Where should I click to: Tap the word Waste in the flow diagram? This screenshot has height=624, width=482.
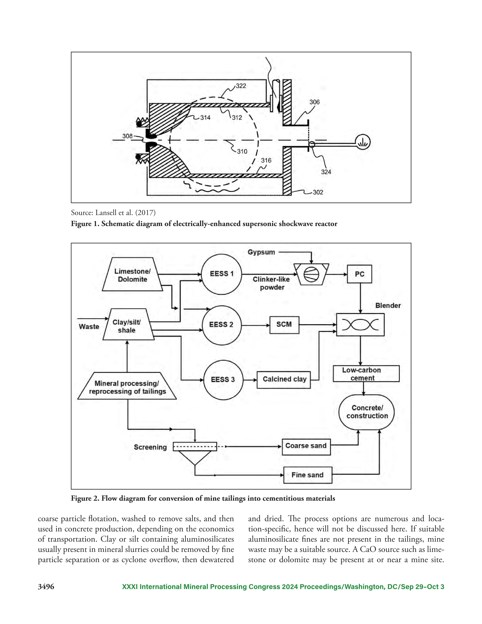coord(89,326)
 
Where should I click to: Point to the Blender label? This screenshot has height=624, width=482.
coord(388,305)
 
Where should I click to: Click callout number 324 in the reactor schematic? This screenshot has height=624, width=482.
coord(326,172)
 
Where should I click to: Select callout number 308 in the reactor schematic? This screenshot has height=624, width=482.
coord(128,136)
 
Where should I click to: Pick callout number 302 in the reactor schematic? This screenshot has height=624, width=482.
coord(318,192)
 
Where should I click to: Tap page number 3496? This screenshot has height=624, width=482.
coord(46,587)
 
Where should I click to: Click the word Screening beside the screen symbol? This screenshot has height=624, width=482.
coord(150,447)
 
